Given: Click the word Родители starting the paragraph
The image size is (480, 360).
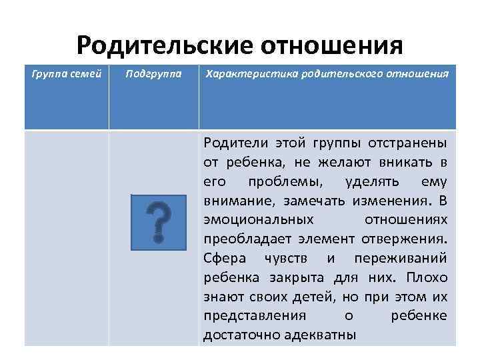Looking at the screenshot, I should (x=231, y=143).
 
